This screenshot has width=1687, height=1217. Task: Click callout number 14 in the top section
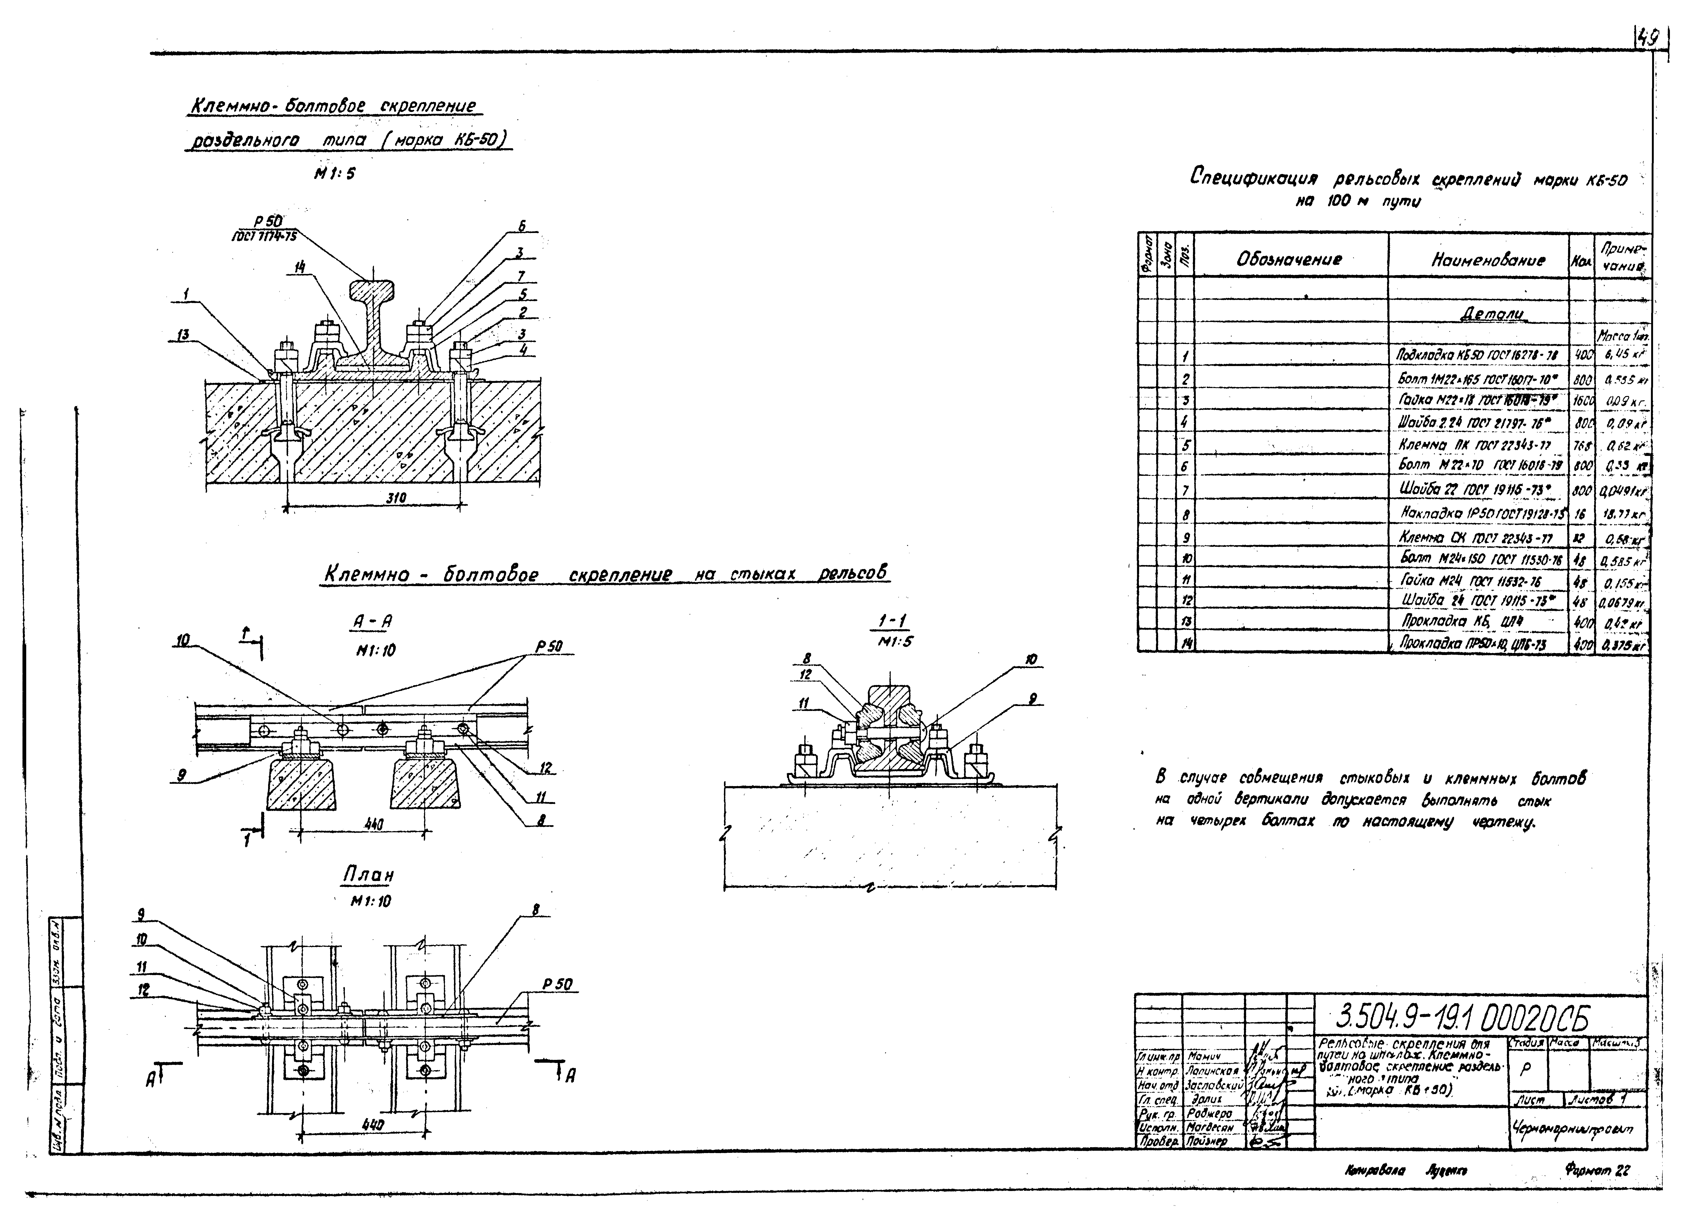click(300, 267)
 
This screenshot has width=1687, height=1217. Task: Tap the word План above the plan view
click(368, 876)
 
